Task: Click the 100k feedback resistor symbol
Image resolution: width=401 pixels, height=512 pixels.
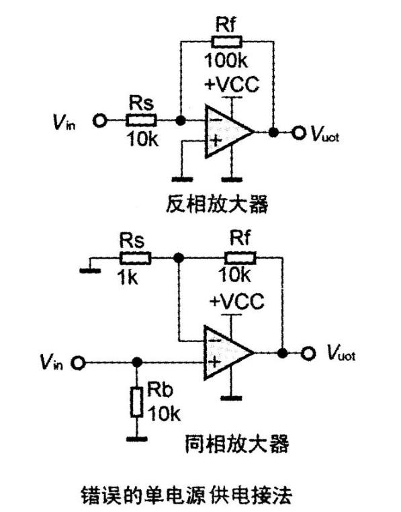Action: [x=227, y=42]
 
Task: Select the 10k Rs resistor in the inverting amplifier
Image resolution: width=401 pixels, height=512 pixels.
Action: [x=141, y=120]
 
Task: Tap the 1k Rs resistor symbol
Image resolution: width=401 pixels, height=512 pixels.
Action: [x=136, y=258]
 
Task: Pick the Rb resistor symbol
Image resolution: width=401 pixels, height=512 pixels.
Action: [x=137, y=402]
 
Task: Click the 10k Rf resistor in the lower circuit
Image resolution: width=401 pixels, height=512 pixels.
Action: [x=240, y=258]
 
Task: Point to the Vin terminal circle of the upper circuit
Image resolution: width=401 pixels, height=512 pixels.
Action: [x=99, y=121]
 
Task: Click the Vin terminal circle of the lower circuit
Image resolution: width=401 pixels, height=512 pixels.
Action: [x=79, y=362]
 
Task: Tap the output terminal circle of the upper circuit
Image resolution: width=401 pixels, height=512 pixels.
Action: [x=298, y=132]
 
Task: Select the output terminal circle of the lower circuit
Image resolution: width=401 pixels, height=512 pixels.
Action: [x=308, y=353]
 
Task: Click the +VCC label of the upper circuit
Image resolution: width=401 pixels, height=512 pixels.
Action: [x=232, y=84]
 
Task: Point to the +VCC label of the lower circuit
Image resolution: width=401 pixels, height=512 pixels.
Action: [x=236, y=301]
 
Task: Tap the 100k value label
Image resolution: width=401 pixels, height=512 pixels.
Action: [x=226, y=60]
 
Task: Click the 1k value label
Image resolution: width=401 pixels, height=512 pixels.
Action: [x=128, y=278]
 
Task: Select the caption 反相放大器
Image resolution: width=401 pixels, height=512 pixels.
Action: [x=217, y=204]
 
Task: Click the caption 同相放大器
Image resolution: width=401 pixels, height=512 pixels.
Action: [x=236, y=443]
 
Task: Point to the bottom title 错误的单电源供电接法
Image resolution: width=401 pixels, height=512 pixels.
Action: [x=187, y=495]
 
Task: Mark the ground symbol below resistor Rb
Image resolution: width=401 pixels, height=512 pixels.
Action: [x=137, y=439]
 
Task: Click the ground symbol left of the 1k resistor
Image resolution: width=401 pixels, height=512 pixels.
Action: [x=91, y=270]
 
